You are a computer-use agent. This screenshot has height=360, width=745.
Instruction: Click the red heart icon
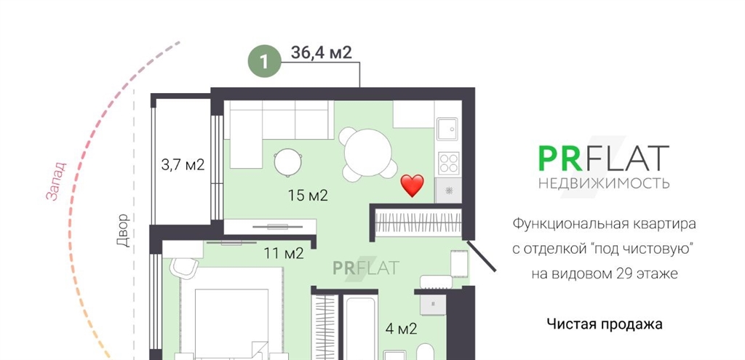412,185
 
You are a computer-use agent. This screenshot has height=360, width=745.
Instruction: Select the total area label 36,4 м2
321,52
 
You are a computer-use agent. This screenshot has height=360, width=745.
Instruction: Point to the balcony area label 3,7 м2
183,165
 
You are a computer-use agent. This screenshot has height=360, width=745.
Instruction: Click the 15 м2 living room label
308,195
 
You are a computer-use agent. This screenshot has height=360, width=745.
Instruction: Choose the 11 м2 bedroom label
284,254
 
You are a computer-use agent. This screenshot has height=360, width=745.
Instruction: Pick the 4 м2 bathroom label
401,329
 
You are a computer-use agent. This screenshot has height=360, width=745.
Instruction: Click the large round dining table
367,153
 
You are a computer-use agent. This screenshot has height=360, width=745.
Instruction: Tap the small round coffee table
288,162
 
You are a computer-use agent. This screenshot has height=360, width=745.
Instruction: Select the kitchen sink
447,129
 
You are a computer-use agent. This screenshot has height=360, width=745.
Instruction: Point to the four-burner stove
448,164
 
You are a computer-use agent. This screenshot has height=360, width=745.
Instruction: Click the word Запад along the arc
56,181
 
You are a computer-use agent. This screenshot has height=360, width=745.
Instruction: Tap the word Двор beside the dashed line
123,231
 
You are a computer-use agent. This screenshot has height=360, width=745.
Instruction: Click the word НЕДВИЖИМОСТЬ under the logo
604,183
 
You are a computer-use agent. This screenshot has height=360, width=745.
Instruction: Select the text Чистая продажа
605,324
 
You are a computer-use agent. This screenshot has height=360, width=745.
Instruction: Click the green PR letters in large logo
560,159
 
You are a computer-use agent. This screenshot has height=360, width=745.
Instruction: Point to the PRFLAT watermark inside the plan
366,268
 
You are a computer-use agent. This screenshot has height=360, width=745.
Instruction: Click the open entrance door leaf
481,256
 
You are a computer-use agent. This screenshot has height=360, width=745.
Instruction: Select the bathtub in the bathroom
361,328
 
